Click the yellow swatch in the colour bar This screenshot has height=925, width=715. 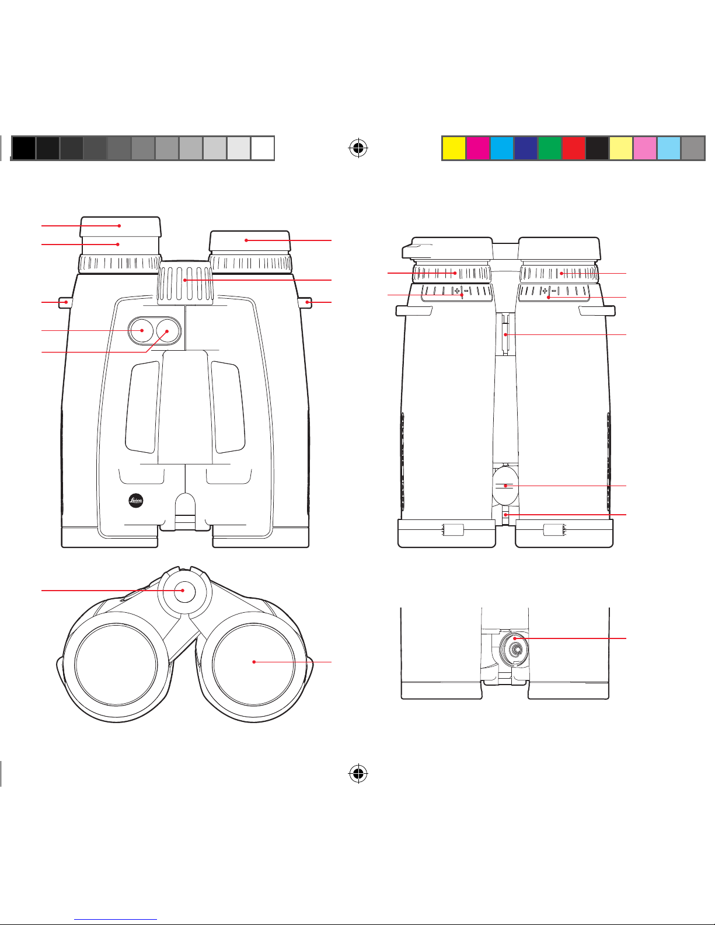[454, 148]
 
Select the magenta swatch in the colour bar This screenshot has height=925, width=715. [478, 148]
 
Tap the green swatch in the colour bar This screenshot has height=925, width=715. [549, 148]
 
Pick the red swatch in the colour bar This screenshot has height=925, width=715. [573, 148]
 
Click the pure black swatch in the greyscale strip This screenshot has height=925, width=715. [23, 148]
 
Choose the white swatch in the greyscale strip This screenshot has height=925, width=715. [262, 148]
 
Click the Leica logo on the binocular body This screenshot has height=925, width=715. [136, 501]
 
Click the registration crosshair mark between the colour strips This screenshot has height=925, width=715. [358, 148]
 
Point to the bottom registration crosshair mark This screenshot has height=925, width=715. [358, 773]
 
